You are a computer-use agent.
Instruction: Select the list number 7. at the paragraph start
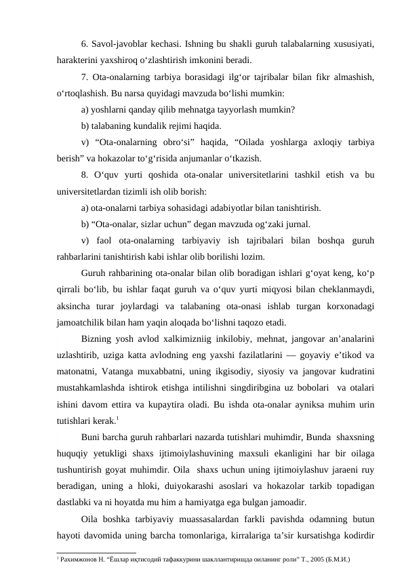(x=84, y=77)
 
